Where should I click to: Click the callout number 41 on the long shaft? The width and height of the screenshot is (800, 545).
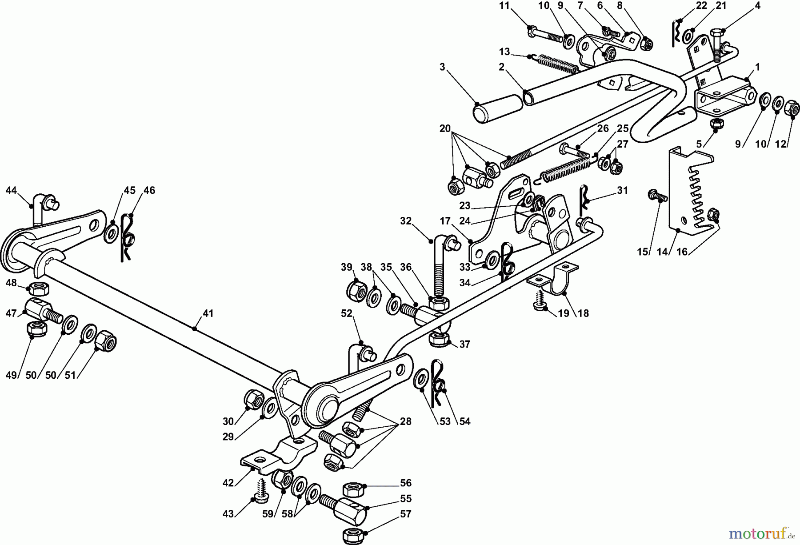[208, 313]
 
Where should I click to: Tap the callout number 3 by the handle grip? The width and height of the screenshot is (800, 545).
[442, 67]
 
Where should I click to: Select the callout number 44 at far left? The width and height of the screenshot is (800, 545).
[11, 191]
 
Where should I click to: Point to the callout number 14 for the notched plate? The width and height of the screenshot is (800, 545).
[662, 252]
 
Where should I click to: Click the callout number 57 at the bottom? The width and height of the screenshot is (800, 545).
[405, 514]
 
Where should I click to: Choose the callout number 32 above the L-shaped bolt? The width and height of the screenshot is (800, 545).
[405, 221]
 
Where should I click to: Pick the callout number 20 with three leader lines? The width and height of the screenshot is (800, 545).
[445, 128]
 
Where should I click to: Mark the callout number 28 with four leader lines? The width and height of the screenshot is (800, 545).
[405, 421]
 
